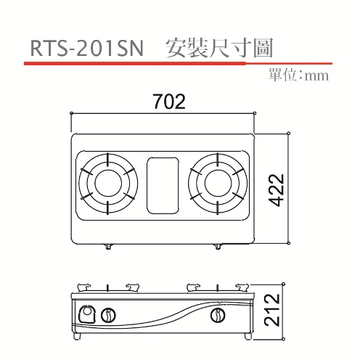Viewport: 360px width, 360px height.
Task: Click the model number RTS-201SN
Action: pyautogui.click(x=87, y=48)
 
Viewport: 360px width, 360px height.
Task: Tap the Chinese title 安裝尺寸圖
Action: pyautogui.click(x=220, y=48)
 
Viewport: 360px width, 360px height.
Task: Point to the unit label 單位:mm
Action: pyautogui.click(x=298, y=75)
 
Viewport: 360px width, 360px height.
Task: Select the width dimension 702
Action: pyautogui.click(x=169, y=102)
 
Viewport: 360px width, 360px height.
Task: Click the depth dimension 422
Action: pyautogui.click(x=277, y=190)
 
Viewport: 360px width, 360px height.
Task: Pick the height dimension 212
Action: pyautogui.click(x=272, y=310)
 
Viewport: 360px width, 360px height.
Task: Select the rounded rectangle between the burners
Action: pyautogui.click(x=163, y=186)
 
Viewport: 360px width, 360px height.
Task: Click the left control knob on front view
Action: pyautogui.click(x=108, y=315)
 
